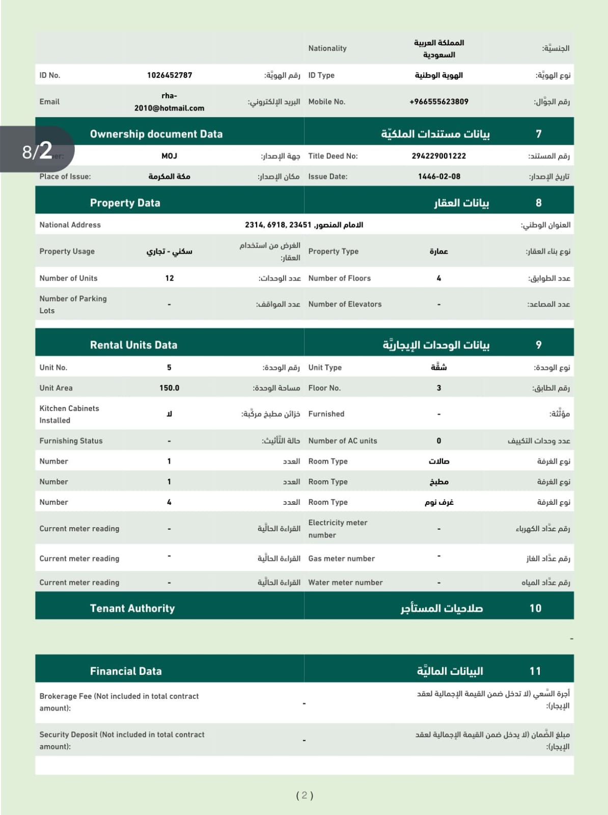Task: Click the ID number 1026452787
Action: pos(170,75)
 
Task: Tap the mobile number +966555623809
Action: pos(438,102)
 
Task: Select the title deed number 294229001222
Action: pos(438,156)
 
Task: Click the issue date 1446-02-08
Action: pos(439,177)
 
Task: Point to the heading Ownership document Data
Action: pos(156,134)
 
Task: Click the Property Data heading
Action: pos(125,203)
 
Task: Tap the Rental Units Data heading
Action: pos(133,345)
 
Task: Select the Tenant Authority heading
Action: pos(132,608)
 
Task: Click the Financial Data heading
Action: pos(126,671)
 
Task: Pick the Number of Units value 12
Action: pos(170,278)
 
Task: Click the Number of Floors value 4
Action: pos(438,278)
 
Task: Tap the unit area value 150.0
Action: pos(170,388)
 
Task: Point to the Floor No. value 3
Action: pos(438,388)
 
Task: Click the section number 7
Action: pos(538,134)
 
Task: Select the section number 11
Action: pos(535,671)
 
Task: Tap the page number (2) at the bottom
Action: pos(305,796)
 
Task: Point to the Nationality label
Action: pos(327,48)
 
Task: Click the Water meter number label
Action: pos(345,583)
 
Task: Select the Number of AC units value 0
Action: pos(438,441)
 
